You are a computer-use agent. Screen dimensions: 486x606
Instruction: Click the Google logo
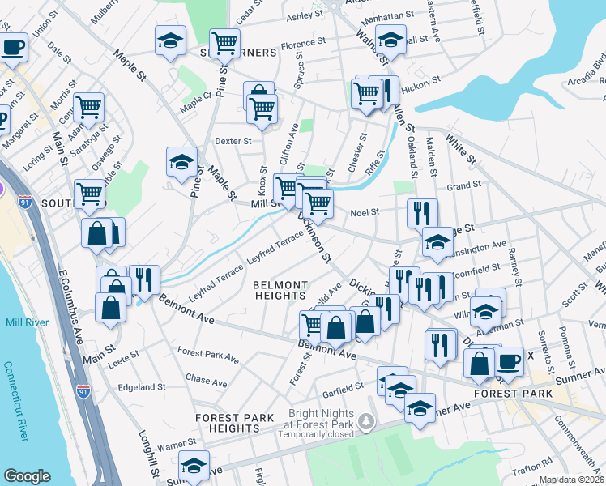pos(27,476)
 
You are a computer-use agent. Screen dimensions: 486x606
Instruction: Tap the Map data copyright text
pos(571,480)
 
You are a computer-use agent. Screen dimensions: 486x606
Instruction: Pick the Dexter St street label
pos(233,141)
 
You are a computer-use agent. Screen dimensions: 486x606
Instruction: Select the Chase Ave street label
pos(201,379)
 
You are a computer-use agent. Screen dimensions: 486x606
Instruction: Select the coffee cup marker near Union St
pos(11,46)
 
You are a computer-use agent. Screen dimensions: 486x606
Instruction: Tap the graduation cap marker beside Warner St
pos(194,467)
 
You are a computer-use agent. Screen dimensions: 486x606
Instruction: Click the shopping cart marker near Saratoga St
pos(89,106)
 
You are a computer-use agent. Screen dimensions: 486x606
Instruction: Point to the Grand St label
pos(463,185)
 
